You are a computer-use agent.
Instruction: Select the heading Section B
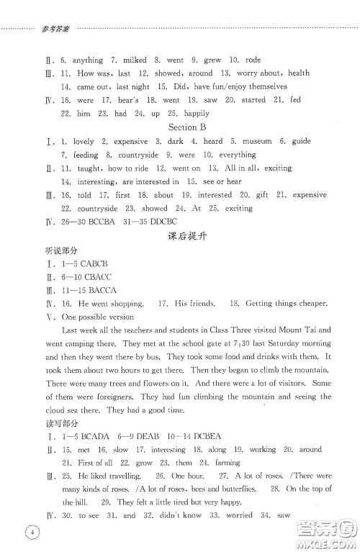189,127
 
